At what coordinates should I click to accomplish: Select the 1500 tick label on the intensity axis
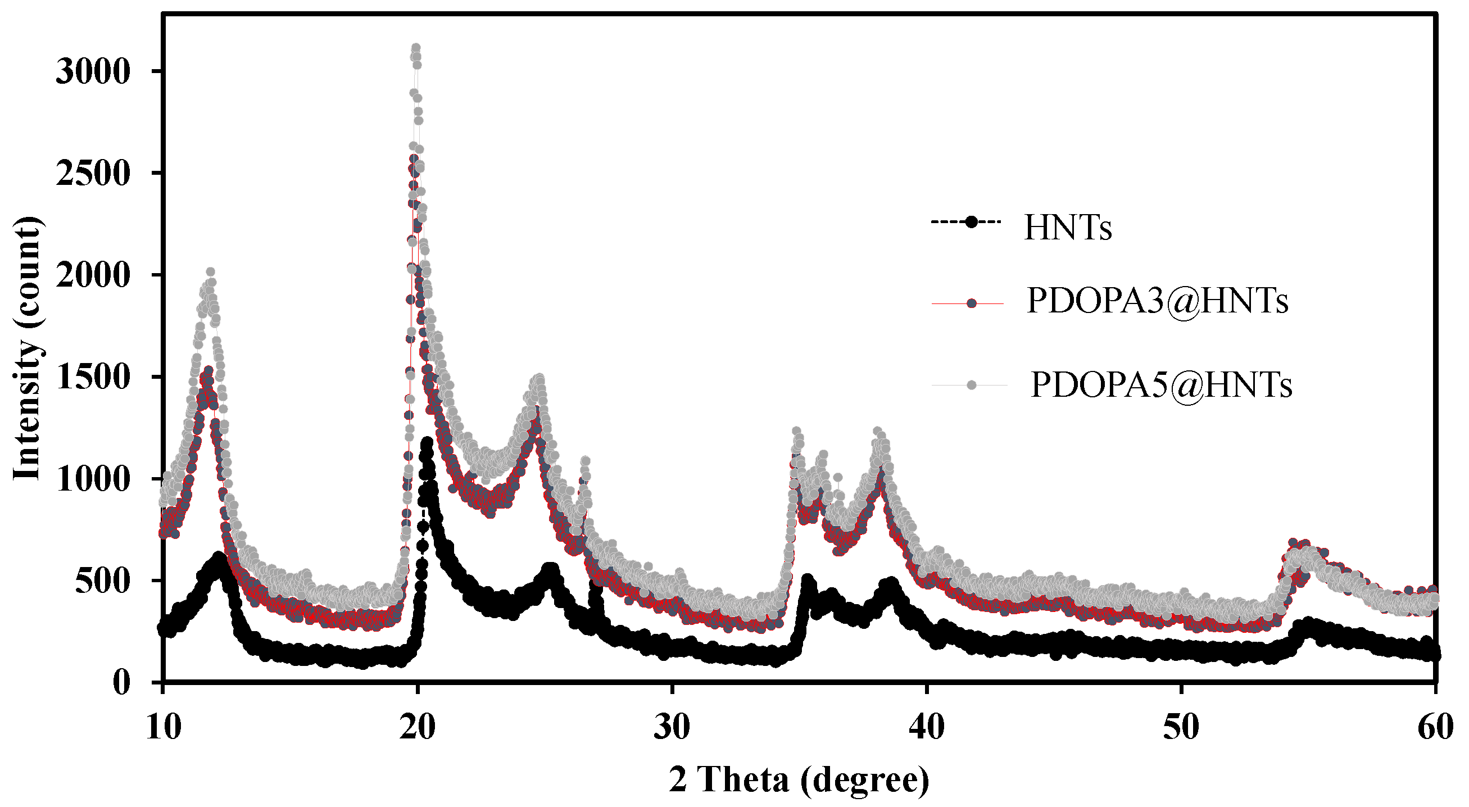click(93, 378)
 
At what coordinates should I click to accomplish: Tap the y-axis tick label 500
click(103, 582)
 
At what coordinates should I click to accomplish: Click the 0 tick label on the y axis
click(121, 683)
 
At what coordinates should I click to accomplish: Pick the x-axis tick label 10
click(163, 728)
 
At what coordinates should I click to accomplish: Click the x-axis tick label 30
click(672, 728)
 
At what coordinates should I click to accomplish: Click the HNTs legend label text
click(1068, 228)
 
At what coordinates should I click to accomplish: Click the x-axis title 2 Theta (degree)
click(799, 779)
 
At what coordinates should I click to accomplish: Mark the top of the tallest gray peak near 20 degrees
click(416, 48)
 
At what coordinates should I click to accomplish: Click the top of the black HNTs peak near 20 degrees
click(427, 442)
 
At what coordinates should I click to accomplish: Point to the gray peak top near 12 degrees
click(210, 273)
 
